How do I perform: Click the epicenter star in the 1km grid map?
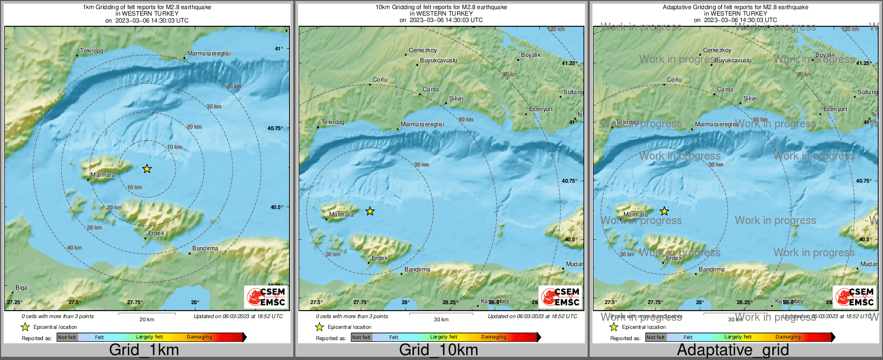coord(147,169)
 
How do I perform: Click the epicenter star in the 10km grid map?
coord(370,211)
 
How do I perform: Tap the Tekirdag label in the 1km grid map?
coord(91,51)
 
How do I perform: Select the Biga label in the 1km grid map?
coord(21,288)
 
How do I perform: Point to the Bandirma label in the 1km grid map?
coord(205,249)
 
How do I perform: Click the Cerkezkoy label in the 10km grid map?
coord(423,51)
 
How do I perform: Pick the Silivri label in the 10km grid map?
coord(456,99)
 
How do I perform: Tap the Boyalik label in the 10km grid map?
coord(531,55)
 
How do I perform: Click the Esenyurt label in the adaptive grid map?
coord(835,110)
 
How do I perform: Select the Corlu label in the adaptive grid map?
coord(674,80)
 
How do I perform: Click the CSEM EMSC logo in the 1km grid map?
coord(266,297)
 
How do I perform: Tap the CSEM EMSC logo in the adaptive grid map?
coord(855,297)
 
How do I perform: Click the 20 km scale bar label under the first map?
coord(147,320)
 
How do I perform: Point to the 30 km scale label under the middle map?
coord(441,320)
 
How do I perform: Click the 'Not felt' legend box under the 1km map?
coord(67,337)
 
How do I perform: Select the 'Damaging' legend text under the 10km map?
coord(494,337)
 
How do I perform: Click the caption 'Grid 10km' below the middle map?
coord(438,350)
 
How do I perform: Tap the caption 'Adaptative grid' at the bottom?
coord(733,350)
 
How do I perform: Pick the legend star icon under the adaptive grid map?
coord(613,327)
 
